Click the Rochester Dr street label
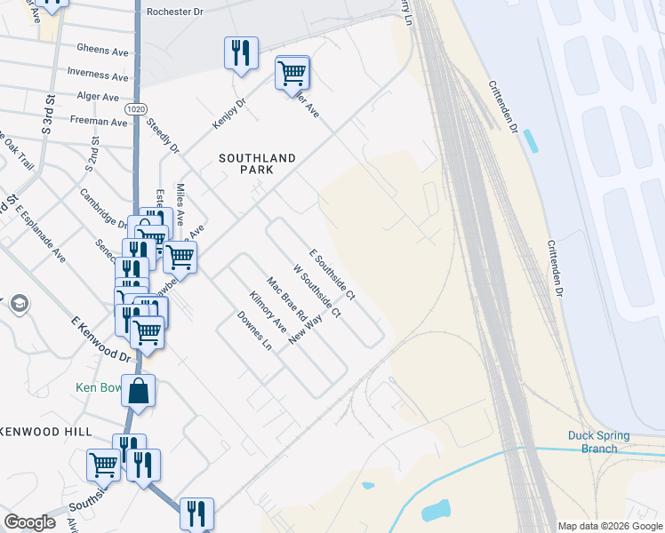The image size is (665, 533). tap(175, 12)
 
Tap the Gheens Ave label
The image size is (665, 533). tap(102, 51)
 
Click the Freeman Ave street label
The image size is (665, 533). tap(99, 121)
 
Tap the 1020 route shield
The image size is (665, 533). tap(135, 108)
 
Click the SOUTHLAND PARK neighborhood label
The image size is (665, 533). tap(257, 164)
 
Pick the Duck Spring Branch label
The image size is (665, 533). tap(598, 442)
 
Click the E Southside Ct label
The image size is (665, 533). tap(332, 273)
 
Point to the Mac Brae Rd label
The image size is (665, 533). tap(287, 301)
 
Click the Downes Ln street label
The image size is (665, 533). tap(253, 330)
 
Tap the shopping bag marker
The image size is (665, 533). tap(139, 391)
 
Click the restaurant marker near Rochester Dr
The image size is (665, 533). tap(241, 53)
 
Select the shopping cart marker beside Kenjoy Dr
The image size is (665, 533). tap(292, 73)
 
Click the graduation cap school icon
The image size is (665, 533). tap(19, 305)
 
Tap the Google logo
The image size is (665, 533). tap(29, 521)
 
